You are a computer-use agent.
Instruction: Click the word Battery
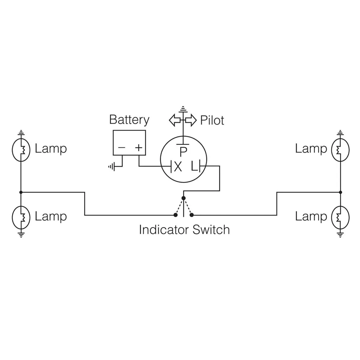[x=129, y=120]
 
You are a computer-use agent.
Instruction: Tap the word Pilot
[x=212, y=120]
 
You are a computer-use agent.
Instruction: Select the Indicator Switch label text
[x=184, y=230]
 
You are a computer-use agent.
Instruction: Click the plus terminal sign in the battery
[x=138, y=148]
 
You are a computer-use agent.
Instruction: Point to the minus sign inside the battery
[x=121, y=148]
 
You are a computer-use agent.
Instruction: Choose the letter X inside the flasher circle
[x=178, y=167]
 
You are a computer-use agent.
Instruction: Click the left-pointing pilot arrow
[x=175, y=120]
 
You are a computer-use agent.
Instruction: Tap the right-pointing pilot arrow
[x=190, y=120]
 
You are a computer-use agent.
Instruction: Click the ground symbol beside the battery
[x=112, y=166]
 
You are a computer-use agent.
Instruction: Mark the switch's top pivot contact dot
[x=184, y=198]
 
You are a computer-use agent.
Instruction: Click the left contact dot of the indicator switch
[x=175, y=215]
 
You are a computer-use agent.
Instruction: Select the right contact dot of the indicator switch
[x=192, y=215]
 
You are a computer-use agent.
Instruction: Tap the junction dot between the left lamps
[x=21, y=192]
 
